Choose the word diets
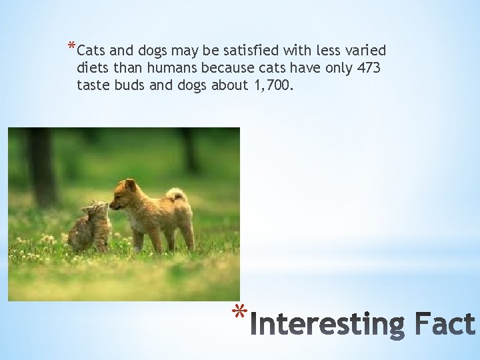tap(91, 68)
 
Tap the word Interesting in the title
tap(331, 325)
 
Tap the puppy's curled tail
tap(177, 195)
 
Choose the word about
tap(230, 85)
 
